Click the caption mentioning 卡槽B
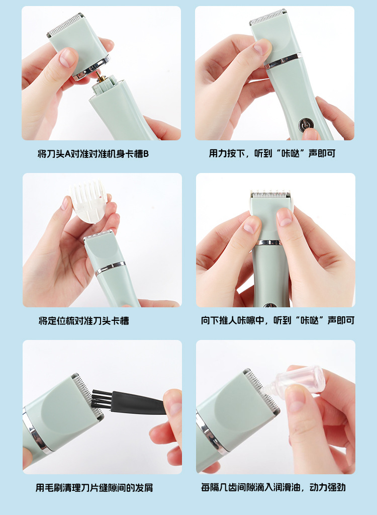(93, 153)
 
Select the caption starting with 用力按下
(272, 153)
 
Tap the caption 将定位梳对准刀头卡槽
(84, 320)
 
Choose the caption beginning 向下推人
(277, 320)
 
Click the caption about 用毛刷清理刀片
(95, 487)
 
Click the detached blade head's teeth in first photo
(65, 25)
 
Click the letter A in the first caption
(68, 154)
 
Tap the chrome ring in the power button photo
(283, 61)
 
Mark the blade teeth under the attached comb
(270, 195)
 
